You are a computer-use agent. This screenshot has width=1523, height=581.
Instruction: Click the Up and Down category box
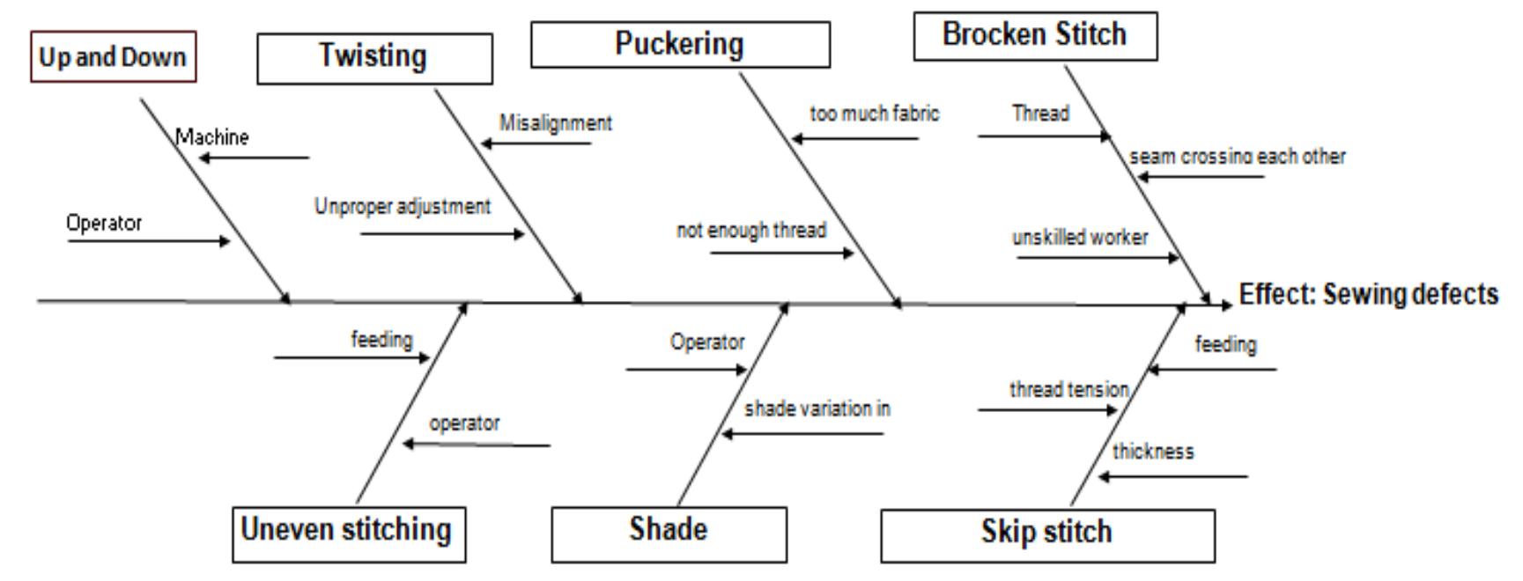[x=113, y=57]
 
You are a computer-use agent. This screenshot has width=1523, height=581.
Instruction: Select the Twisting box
[x=373, y=58]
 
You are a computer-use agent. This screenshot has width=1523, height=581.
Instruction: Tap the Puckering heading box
[x=679, y=44]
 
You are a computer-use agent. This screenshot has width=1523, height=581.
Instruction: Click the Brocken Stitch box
[x=1034, y=36]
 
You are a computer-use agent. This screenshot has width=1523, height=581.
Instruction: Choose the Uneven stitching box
[x=348, y=533]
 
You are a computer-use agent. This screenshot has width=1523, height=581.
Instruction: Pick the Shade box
[x=669, y=533]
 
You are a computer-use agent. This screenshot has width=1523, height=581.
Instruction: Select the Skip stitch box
[x=1046, y=534]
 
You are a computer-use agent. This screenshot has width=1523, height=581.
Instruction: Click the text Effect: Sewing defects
[x=1368, y=294]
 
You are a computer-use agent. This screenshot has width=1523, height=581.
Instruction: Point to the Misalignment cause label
[x=555, y=123]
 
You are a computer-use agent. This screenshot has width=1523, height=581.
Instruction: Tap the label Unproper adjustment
[x=403, y=207]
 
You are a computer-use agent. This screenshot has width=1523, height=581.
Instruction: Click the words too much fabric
[x=874, y=114]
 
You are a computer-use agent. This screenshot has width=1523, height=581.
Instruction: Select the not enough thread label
[x=750, y=231]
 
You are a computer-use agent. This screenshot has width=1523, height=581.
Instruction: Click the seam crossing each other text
[x=1237, y=157]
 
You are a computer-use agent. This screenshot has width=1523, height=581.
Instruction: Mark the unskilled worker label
[x=1079, y=238]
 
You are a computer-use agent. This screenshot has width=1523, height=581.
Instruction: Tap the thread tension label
[x=1068, y=389]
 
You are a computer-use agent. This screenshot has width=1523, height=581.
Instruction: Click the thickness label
[x=1152, y=452]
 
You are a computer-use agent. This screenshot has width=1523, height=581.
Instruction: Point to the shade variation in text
[x=817, y=409]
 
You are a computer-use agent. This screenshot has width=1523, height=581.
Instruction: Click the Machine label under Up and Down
[x=212, y=137]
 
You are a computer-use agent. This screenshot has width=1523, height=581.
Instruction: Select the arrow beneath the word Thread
[x=1044, y=136]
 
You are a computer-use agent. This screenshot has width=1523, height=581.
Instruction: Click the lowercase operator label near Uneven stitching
[x=464, y=423]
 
